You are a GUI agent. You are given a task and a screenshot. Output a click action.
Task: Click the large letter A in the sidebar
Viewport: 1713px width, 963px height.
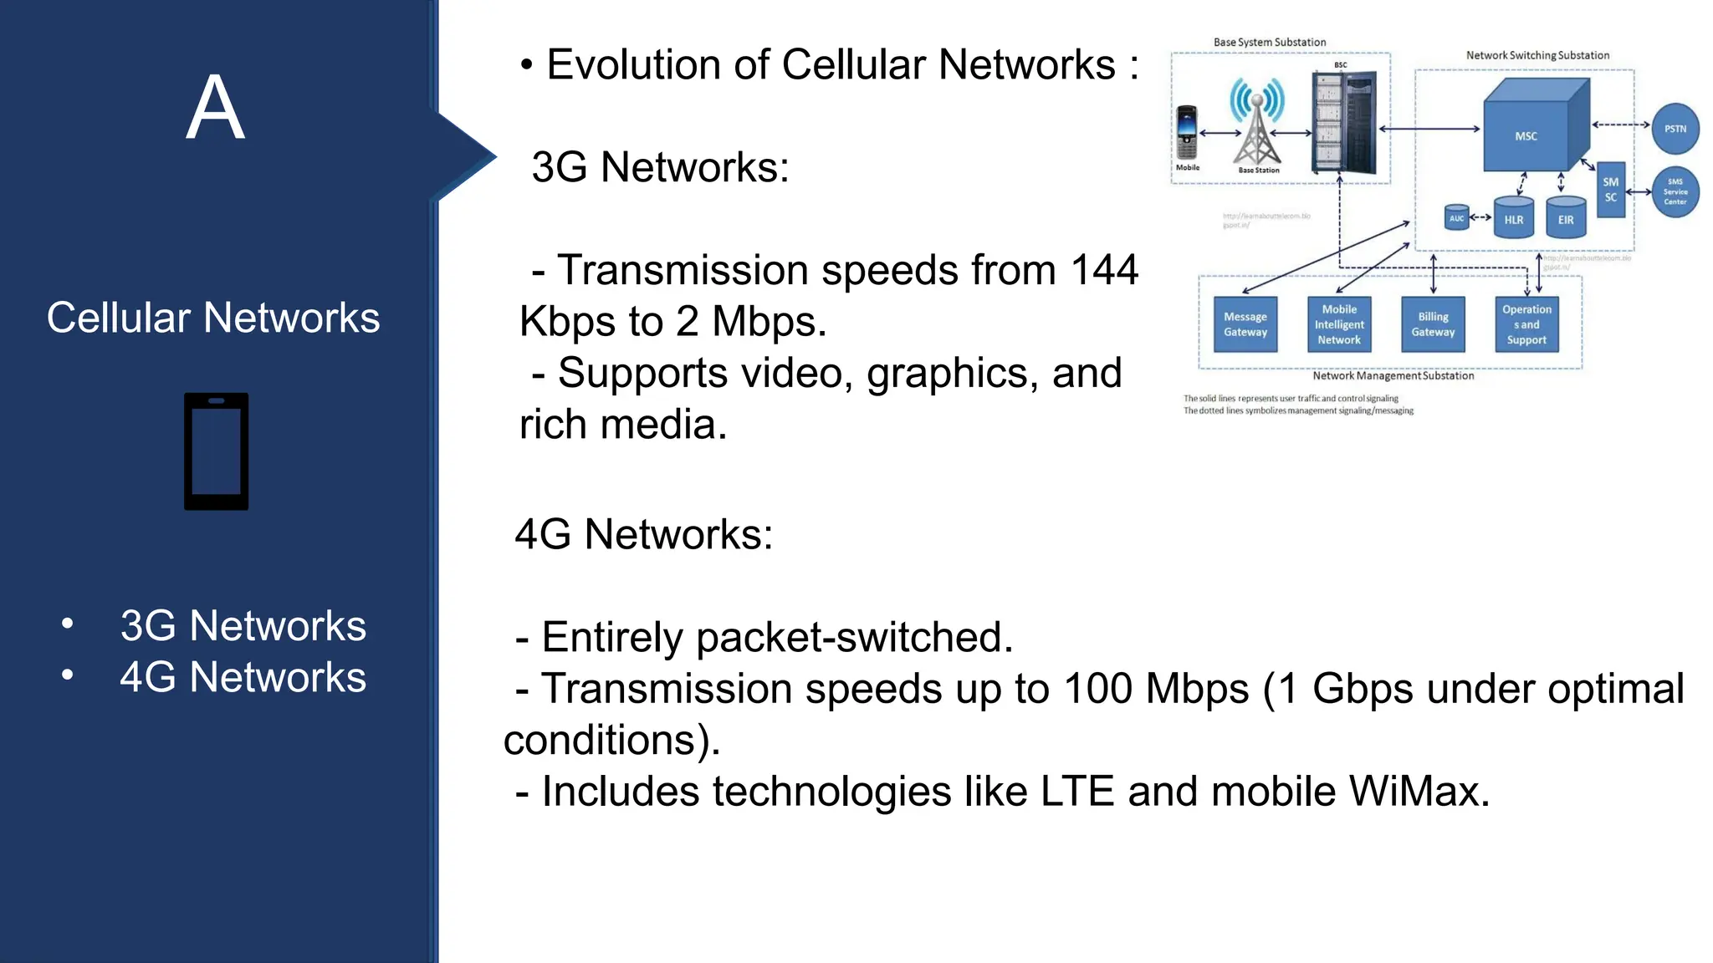coord(215,108)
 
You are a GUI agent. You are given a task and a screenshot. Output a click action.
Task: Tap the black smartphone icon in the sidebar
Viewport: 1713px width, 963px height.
coord(216,451)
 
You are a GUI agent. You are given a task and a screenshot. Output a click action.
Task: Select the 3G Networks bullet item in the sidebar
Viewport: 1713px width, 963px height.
coord(243,625)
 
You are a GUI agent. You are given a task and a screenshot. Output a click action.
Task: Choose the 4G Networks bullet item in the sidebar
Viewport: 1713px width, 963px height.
coord(243,677)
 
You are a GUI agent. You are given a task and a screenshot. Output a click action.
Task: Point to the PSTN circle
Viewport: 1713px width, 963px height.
coord(1675,129)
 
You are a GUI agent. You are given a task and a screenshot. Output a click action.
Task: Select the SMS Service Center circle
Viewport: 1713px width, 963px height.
coord(1675,191)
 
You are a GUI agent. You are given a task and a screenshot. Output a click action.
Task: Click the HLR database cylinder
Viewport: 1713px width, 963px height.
coord(1513,217)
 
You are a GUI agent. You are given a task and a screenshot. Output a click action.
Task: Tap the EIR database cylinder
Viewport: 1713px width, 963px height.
coord(1566,217)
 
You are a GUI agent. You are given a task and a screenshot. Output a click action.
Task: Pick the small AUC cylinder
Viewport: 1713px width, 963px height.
coord(1456,217)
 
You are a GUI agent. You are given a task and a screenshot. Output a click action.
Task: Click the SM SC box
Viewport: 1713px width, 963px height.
coord(1610,190)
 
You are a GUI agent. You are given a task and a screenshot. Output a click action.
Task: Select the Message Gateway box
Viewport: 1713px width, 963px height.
coord(1245,324)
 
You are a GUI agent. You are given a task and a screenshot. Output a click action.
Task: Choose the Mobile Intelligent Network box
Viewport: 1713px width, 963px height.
coord(1339,324)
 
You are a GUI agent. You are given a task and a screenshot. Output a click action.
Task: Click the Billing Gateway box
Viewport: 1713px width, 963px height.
coord(1433,324)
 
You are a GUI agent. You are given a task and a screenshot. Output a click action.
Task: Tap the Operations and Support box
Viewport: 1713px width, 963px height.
coord(1526,324)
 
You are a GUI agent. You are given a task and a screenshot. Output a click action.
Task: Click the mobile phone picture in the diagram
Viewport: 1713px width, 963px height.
coord(1186,132)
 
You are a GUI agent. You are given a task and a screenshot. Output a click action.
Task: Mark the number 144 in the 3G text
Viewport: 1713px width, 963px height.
coord(1104,270)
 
